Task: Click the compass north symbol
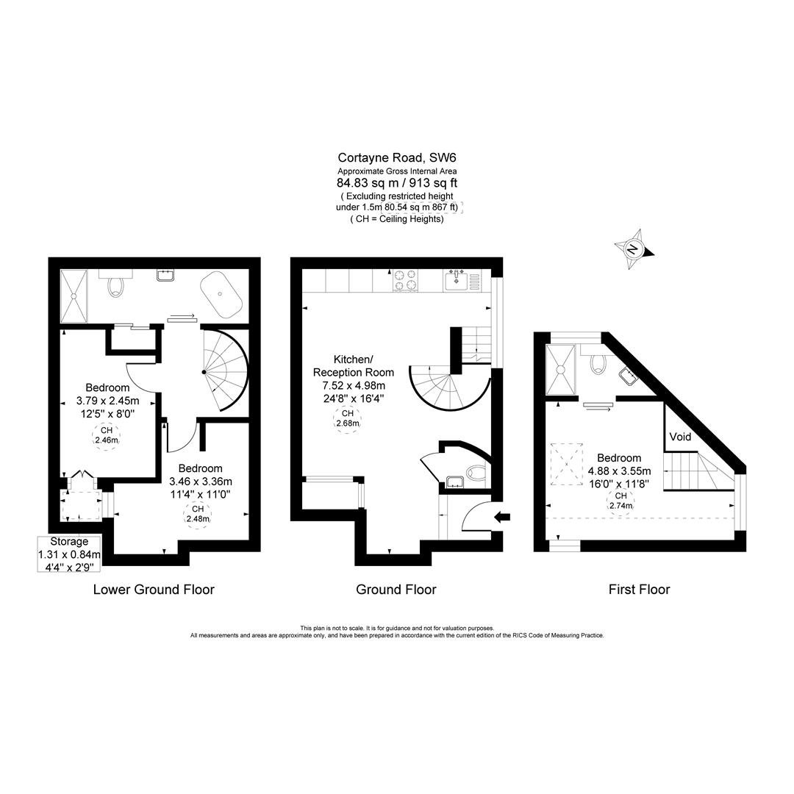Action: [634, 248]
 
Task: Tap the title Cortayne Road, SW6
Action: [397, 157]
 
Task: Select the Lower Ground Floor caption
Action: [154, 590]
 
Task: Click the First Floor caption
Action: [639, 590]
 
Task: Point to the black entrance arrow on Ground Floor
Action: [503, 517]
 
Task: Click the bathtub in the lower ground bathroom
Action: [221, 295]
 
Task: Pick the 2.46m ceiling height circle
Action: [107, 434]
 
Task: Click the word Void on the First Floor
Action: [680, 437]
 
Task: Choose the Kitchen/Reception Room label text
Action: [354, 365]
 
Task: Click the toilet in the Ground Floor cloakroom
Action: [478, 474]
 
